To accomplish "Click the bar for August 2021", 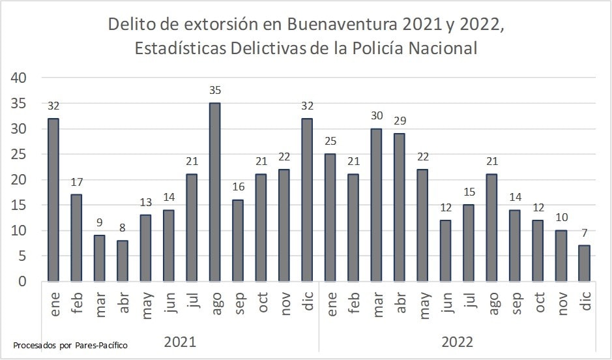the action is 214,192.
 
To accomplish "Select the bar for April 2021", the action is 123,261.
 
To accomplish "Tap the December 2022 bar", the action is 584,263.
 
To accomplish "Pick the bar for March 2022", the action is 376,205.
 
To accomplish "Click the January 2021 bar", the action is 53,200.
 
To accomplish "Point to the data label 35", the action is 215,90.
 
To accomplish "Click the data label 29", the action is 400,121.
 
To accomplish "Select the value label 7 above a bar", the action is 584,233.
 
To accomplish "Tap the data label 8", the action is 123,228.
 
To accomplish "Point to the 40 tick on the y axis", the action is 18,78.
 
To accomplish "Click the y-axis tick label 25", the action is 18,154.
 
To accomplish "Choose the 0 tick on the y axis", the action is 22,282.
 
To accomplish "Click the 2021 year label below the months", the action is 180,342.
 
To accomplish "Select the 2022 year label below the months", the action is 457,342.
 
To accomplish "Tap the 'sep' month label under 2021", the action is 239,303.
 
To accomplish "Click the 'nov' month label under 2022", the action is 561,303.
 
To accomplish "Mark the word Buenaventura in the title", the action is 343,24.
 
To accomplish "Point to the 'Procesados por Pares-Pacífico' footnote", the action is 70,345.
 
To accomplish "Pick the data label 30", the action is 377,115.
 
